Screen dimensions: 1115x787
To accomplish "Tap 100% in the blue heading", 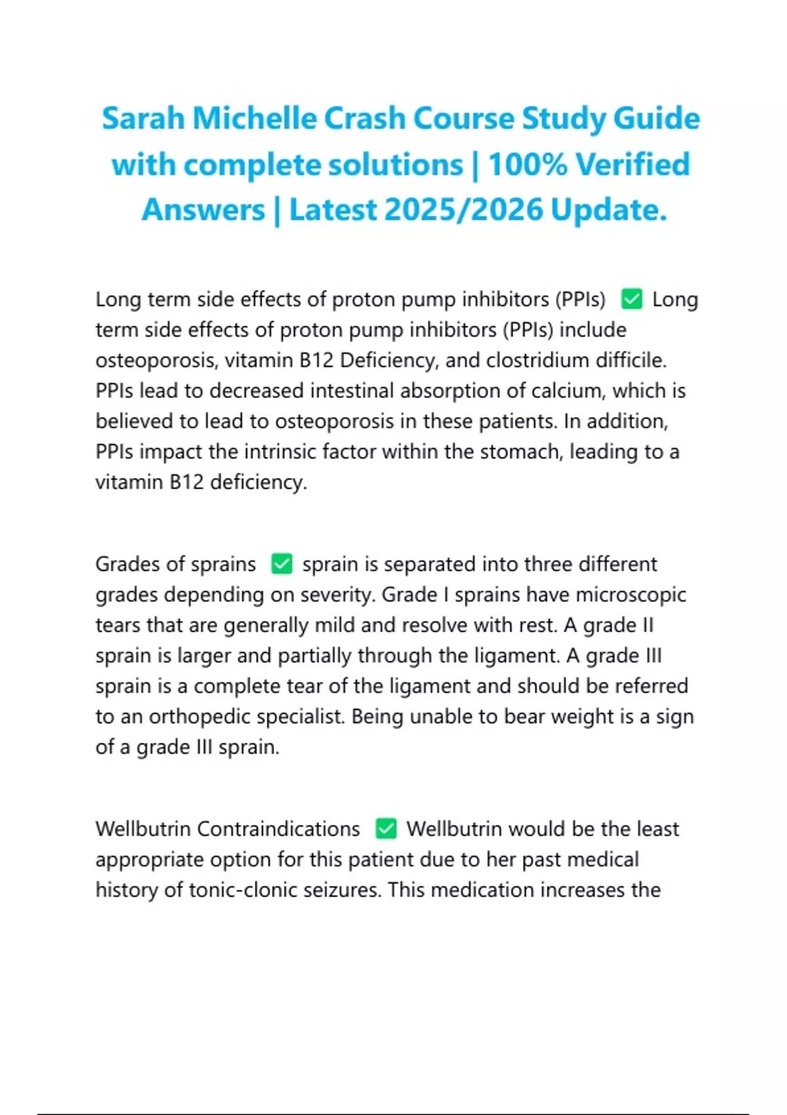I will click(x=527, y=165).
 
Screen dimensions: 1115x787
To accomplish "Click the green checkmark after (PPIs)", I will click(x=632, y=299).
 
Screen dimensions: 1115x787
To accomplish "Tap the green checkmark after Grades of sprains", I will click(x=282, y=564).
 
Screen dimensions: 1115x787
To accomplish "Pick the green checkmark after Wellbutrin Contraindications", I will click(x=386, y=828).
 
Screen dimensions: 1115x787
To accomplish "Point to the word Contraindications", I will click(x=278, y=828).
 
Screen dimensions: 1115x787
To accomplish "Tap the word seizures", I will click(x=347, y=890).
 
